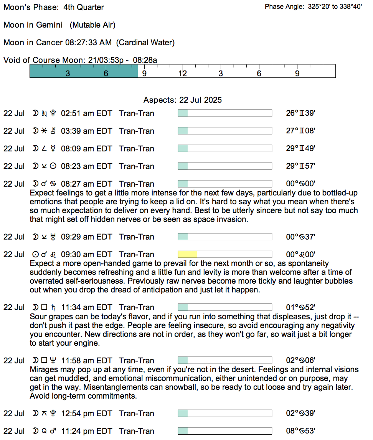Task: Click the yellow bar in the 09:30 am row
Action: click(187, 254)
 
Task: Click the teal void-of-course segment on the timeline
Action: click(83, 71)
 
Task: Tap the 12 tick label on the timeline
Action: click(182, 73)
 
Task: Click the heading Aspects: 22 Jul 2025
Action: click(182, 100)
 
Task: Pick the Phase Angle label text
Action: click(284, 7)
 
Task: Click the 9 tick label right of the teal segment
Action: click(144, 73)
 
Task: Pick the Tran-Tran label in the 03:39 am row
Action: click(137, 131)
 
